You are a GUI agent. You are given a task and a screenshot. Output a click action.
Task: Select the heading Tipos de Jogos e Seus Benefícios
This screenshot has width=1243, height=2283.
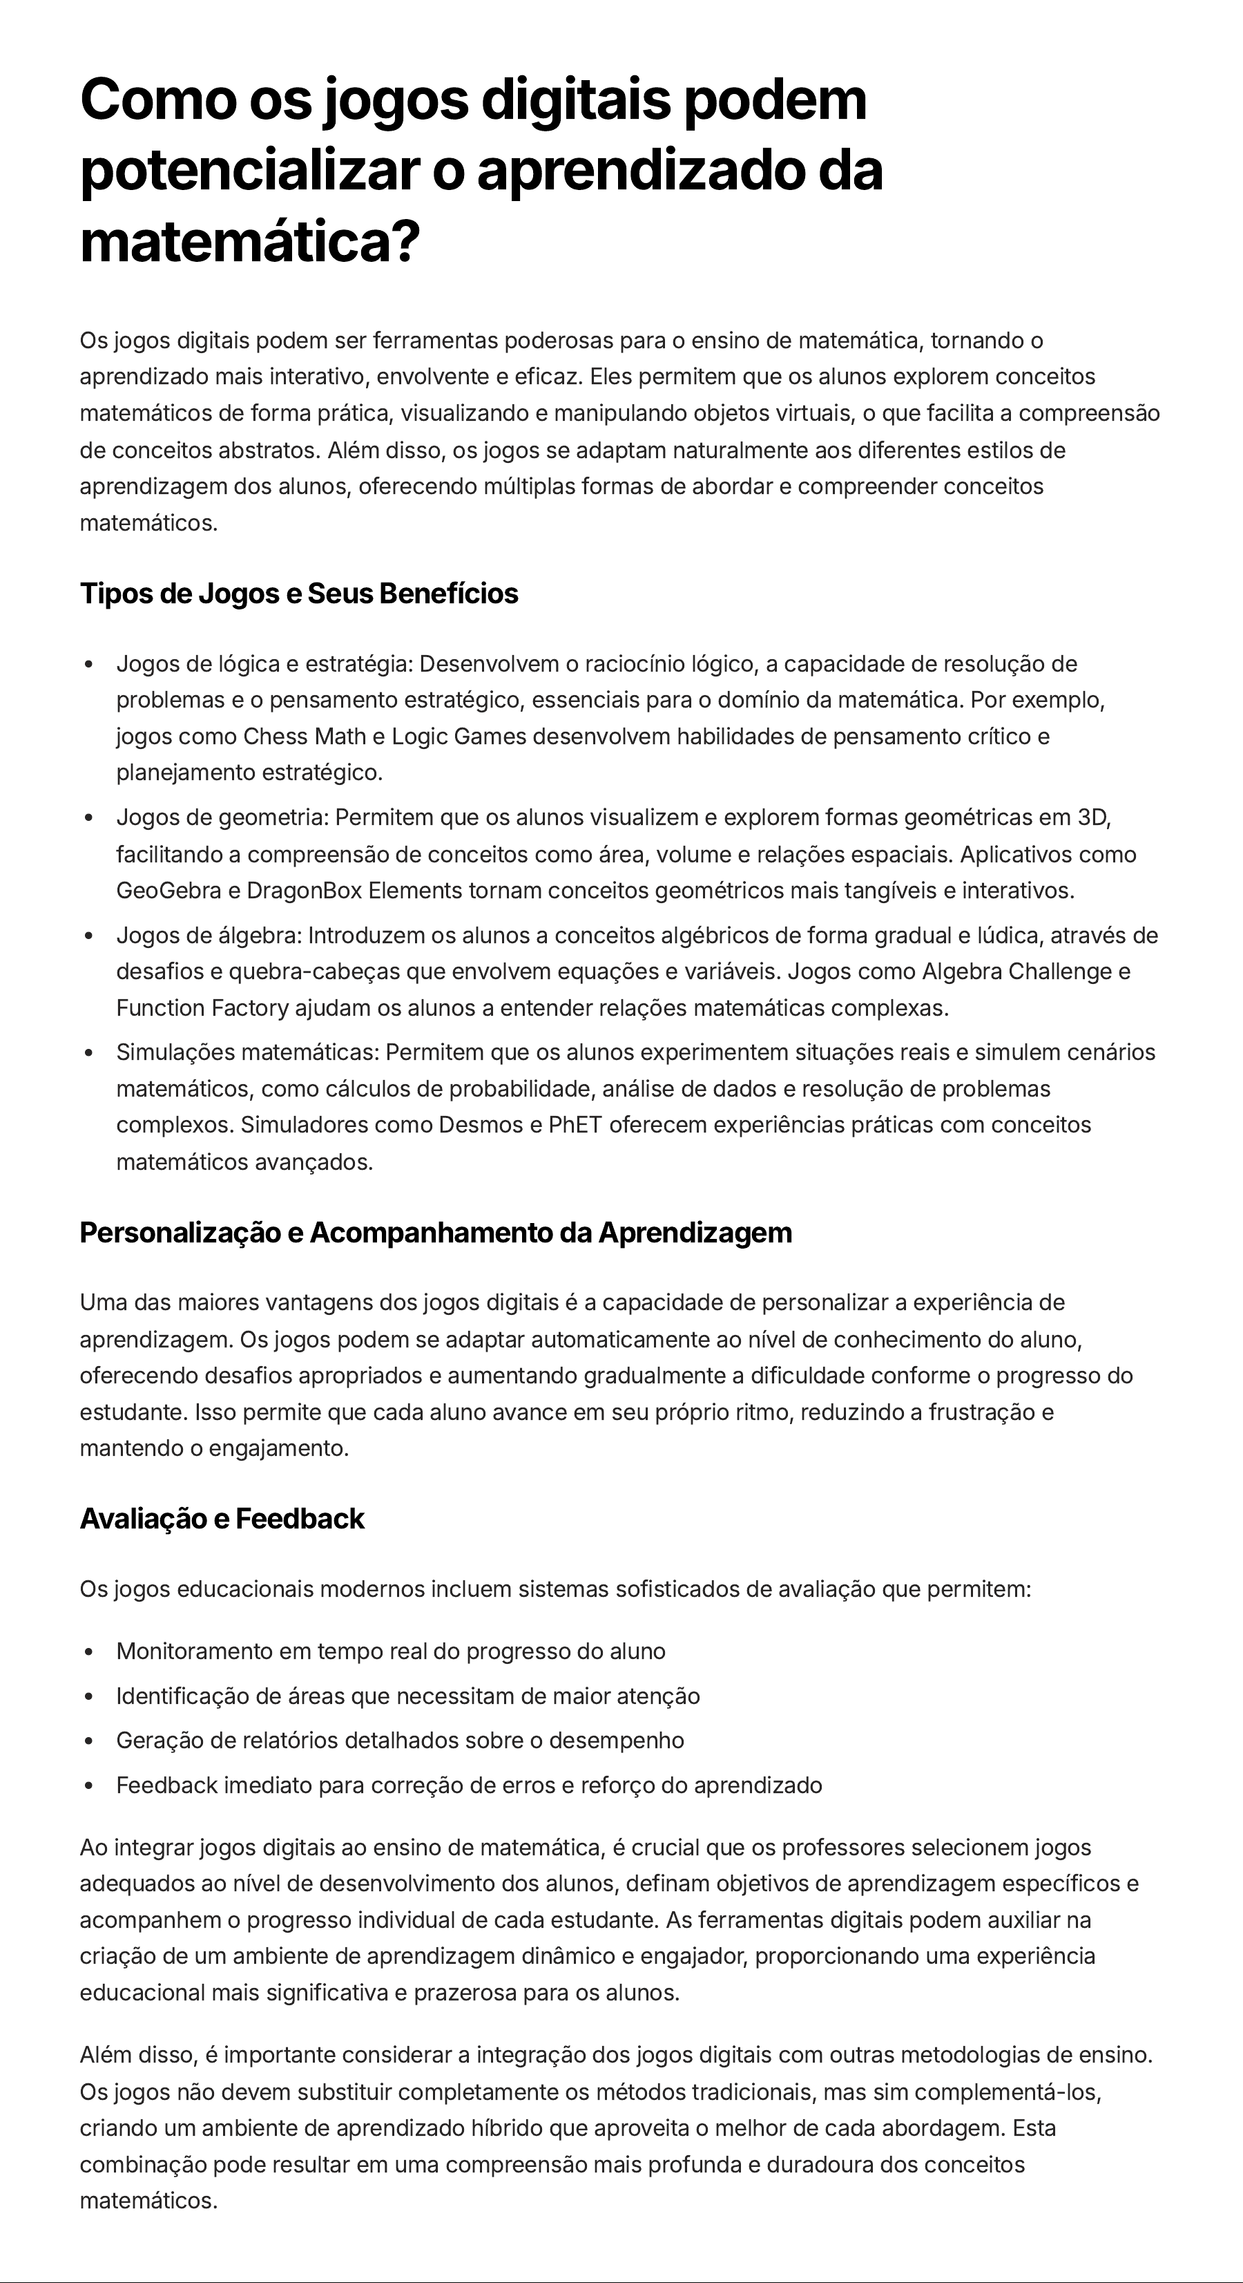pos(298,593)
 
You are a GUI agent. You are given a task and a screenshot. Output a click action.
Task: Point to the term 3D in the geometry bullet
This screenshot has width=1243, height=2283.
pos(1092,817)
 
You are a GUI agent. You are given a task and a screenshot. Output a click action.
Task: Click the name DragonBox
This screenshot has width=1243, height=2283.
pos(304,890)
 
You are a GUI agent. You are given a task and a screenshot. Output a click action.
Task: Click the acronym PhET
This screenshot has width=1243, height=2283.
pos(575,1125)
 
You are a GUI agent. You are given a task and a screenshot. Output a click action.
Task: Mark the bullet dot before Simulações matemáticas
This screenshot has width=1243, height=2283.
pos(88,1053)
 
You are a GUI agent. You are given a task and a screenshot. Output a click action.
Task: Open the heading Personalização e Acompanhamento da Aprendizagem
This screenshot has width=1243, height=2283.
pos(435,1232)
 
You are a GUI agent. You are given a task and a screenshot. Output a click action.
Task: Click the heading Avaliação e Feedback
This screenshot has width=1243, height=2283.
pos(222,1518)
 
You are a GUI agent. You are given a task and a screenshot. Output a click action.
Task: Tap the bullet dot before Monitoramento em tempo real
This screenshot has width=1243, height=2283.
pos(88,1652)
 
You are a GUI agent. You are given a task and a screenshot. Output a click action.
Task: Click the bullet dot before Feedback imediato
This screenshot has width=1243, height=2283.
pos(88,1785)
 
